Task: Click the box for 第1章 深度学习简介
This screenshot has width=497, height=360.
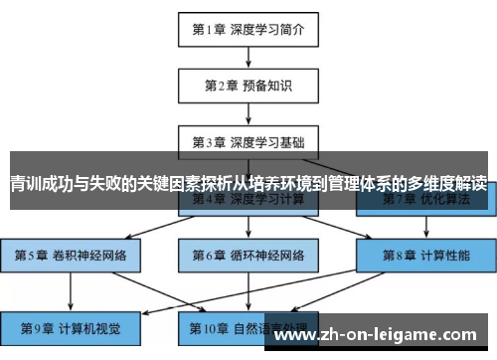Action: point(248,30)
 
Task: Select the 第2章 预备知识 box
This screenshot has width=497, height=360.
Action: point(248,85)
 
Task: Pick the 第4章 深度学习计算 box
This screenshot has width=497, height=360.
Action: point(248,198)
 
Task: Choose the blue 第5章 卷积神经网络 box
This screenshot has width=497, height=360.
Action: point(71,255)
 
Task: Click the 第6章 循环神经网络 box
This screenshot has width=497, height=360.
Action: point(248,255)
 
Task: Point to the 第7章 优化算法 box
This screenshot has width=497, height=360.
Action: point(424,198)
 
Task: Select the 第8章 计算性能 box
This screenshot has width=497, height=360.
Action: point(424,255)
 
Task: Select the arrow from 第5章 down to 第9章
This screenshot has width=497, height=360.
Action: point(71,290)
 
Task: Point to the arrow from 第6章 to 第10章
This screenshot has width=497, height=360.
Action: point(248,290)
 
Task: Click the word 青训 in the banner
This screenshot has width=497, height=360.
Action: point(28,183)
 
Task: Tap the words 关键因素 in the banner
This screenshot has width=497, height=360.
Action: point(185,183)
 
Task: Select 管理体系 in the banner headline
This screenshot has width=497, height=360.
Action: point(360,183)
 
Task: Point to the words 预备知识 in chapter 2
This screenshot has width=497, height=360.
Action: point(269,85)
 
